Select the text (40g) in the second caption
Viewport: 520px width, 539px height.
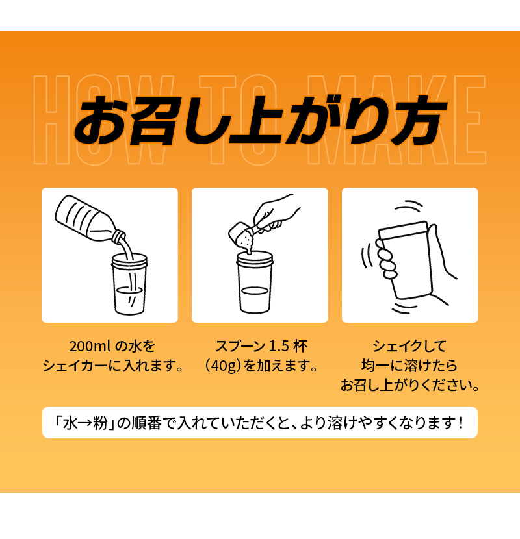224,366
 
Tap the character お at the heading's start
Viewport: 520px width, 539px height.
102,120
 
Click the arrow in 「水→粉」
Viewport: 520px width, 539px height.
84,423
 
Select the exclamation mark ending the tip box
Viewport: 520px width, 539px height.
461,423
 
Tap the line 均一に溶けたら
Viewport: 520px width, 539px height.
409,366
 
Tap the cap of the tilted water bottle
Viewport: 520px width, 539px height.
119,235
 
